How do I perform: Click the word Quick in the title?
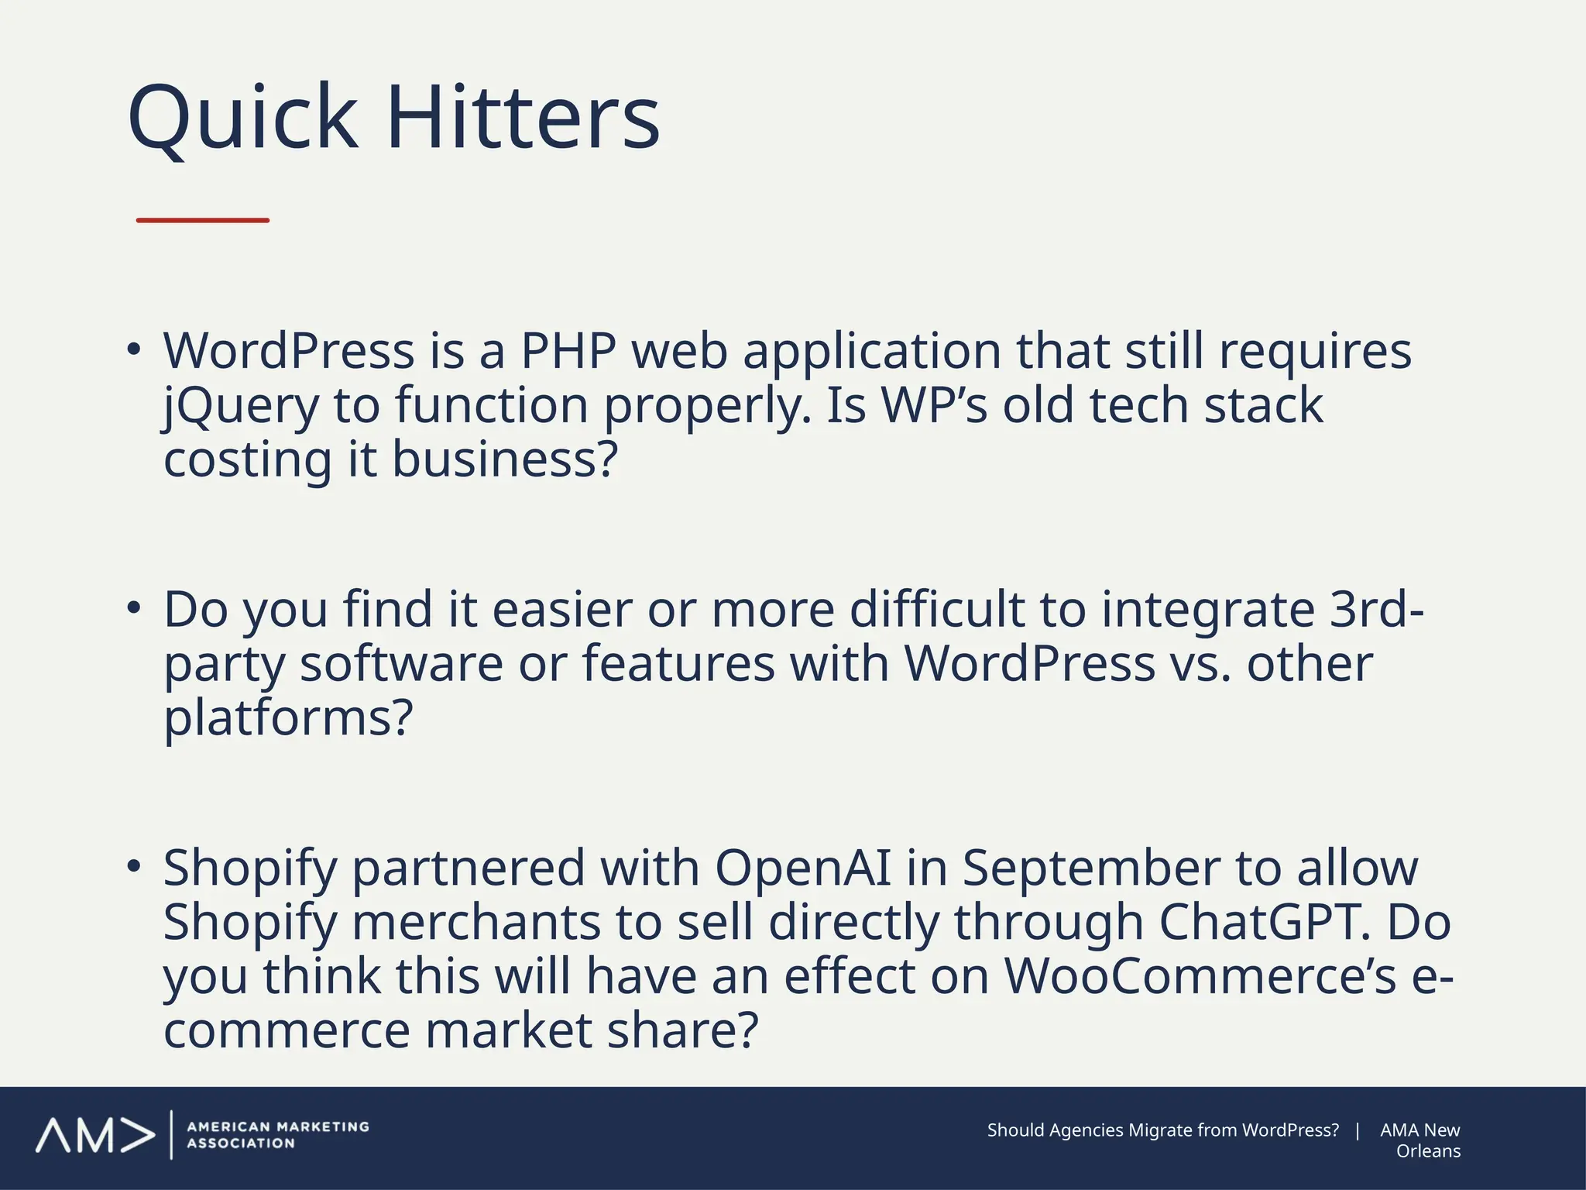(x=242, y=119)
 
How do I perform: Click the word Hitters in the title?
(x=523, y=119)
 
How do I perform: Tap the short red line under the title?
(x=203, y=221)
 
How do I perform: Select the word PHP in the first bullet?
(x=568, y=351)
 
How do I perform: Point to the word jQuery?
(x=241, y=406)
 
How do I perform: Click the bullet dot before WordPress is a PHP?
(x=135, y=349)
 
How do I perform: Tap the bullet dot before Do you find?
(x=135, y=607)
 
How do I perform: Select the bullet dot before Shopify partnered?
(x=135, y=866)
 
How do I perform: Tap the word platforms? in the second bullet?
(x=288, y=717)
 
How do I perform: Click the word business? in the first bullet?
(x=505, y=459)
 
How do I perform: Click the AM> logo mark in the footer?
(x=94, y=1135)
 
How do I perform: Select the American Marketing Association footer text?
(x=277, y=1135)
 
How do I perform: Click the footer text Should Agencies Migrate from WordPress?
(x=1162, y=1130)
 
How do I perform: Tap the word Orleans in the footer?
(x=1428, y=1151)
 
